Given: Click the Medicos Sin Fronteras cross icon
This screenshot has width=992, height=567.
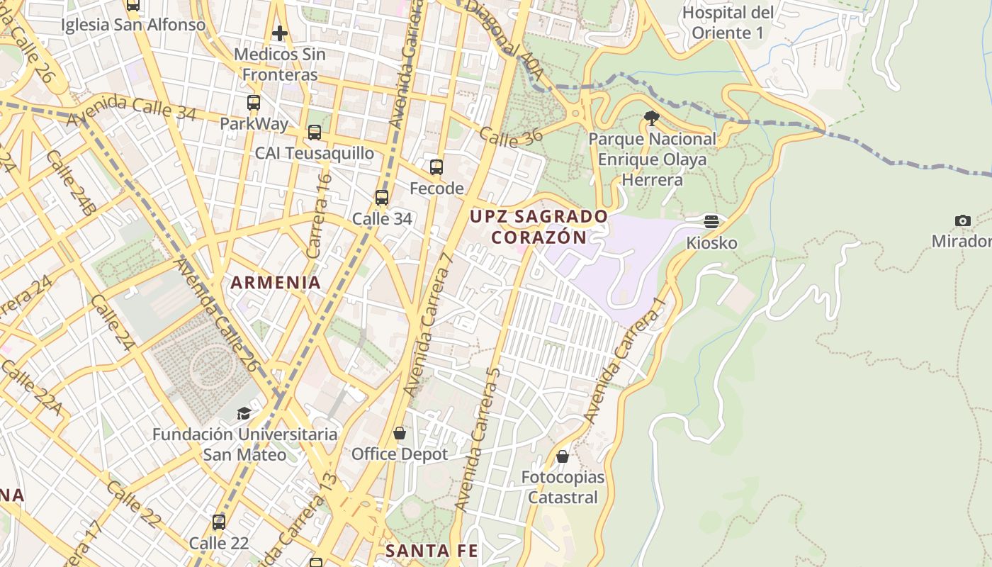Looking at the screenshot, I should coord(280,33).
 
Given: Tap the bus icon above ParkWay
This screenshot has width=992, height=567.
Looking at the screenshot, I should coord(254,103).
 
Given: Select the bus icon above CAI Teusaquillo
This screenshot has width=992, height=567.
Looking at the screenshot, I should coord(315,133).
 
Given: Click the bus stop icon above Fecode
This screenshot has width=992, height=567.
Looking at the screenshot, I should coord(436,168).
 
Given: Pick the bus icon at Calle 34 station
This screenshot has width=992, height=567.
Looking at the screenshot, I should coord(382,198).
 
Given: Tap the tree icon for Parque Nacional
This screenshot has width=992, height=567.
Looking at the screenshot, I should coord(652,118).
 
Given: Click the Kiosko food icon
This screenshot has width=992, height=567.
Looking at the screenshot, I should coord(711,222).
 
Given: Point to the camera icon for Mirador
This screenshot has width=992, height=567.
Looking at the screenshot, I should coord(962,220).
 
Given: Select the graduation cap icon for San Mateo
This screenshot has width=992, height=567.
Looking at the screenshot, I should coord(244,413).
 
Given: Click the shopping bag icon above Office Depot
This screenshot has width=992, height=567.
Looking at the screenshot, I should coord(400,433).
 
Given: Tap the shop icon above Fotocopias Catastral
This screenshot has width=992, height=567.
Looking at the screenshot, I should coord(563,456).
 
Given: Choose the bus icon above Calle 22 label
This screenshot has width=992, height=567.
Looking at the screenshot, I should coord(219,522).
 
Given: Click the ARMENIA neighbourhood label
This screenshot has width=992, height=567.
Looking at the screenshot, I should coord(276,282).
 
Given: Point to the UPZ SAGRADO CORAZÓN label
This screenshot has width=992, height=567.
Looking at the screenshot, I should coord(539,227).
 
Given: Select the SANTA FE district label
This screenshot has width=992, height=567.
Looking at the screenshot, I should coord(432,551).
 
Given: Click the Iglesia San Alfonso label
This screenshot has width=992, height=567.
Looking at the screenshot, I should coord(133,25).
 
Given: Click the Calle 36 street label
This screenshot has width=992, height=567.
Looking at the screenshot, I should coord(510,137).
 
